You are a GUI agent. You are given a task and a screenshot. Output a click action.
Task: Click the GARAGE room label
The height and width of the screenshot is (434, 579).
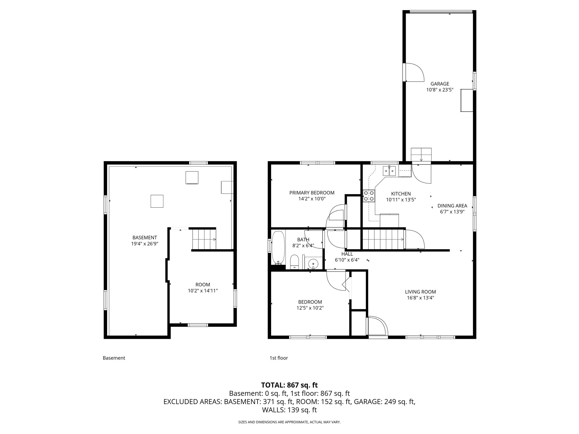tap(440, 84)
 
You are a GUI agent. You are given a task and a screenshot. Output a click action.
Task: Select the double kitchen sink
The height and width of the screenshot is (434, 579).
tap(389, 171)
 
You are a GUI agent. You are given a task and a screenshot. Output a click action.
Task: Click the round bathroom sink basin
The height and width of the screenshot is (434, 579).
tap(313, 264)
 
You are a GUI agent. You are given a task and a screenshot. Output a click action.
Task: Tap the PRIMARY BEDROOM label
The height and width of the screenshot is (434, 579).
tap(312, 193)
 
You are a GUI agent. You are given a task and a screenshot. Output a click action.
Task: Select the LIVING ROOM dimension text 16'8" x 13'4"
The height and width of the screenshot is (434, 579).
tap(420, 298)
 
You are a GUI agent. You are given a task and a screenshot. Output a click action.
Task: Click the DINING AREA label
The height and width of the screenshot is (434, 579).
tap(452, 206)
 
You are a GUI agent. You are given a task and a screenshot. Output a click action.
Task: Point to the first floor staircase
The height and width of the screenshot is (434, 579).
tap(383, 239)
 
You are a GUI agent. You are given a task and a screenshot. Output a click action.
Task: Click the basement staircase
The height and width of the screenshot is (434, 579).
tap(204, 239)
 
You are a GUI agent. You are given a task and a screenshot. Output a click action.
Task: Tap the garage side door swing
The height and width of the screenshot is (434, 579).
tap(414, 72)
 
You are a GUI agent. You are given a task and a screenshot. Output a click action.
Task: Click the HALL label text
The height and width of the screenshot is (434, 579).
tap(347, 254)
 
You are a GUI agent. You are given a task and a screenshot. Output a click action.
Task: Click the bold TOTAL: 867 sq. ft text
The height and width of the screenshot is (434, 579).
tap(289, 385)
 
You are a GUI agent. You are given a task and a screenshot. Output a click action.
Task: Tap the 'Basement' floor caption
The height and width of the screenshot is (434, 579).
tap(114, 358)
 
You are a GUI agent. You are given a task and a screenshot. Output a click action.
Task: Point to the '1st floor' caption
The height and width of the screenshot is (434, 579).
tap(278, 358)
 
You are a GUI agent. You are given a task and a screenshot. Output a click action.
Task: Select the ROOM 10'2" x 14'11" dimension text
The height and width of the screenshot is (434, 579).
tap(203, 290)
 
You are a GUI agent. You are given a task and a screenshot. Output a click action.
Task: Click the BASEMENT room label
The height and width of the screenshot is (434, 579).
tap(144, 238)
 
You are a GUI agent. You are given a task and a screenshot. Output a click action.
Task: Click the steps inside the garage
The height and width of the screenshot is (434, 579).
tap(421, 155)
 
